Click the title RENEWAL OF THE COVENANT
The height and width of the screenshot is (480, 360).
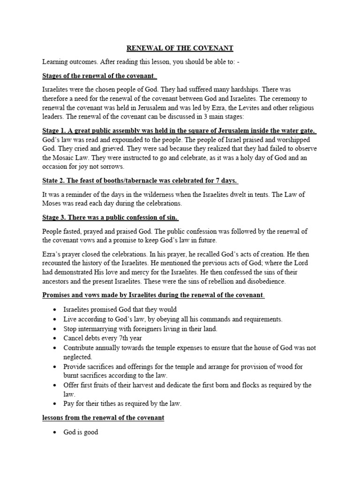(x=180, y=48)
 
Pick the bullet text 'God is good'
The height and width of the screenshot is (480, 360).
(x=81, y=432)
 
